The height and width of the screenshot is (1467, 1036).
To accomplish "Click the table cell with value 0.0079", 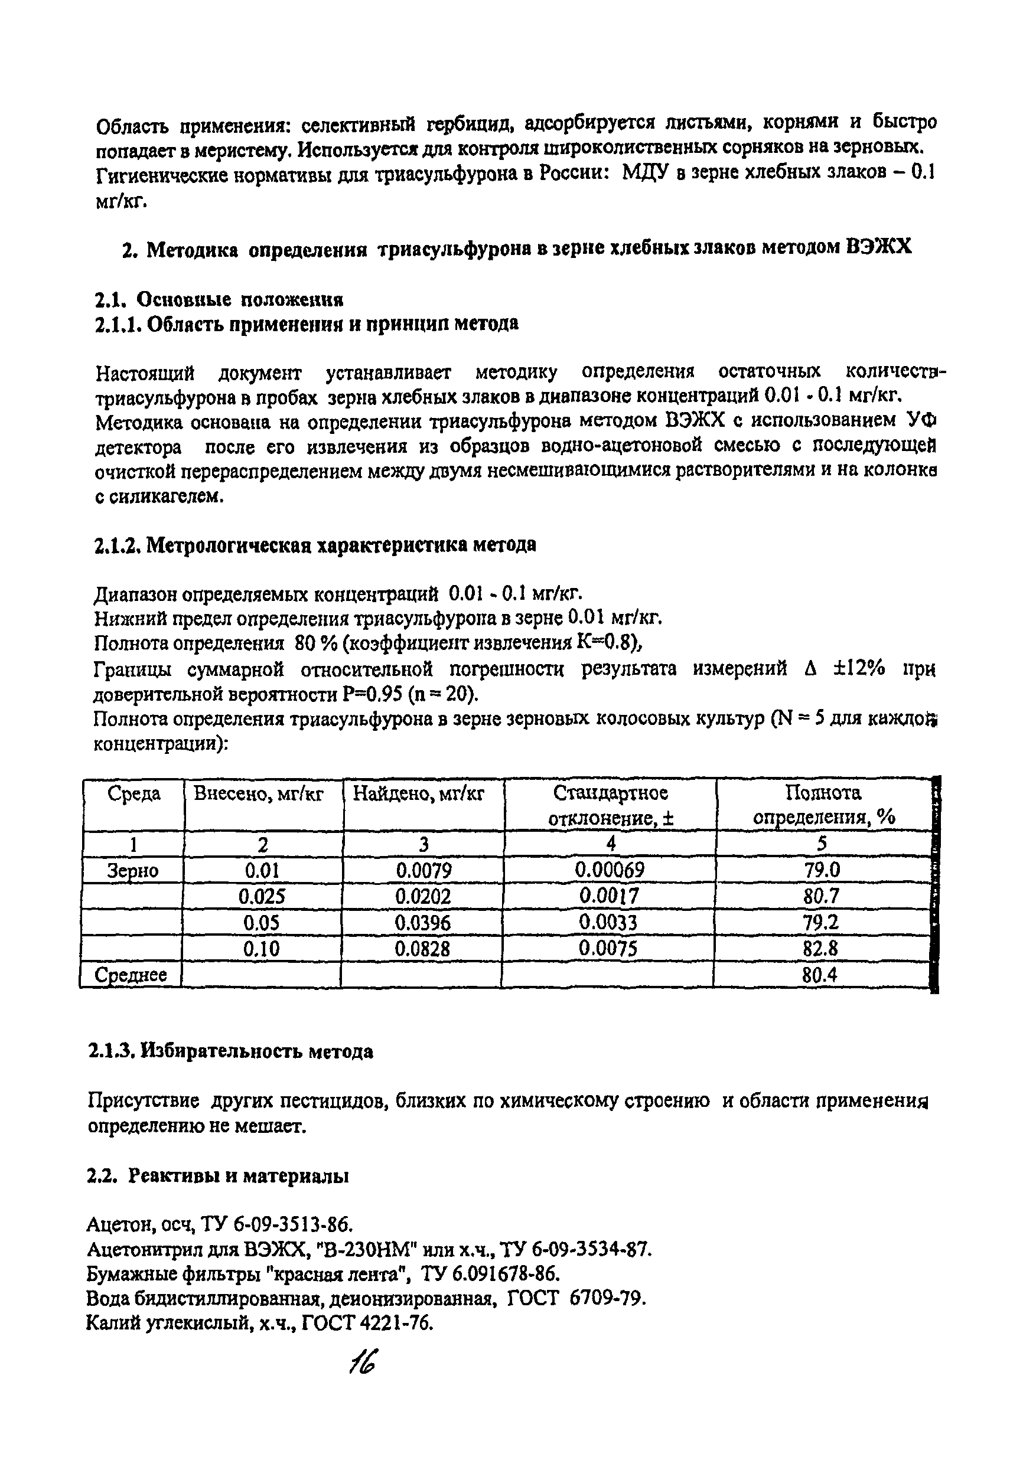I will tap(423, 870).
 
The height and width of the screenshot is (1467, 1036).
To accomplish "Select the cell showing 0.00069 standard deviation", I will tap(610, 870).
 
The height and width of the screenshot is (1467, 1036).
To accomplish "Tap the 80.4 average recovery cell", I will tap(820, 975).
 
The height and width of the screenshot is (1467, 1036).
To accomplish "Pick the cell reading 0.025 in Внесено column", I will tap(262, 896).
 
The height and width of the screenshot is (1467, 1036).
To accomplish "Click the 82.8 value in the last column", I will tap(820, 949).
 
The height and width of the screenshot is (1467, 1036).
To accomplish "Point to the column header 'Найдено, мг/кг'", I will tap(419, 794).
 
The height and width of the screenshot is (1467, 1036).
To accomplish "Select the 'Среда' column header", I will tap(133, 794).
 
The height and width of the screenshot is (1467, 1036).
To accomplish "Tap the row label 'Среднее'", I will tap(131, 975).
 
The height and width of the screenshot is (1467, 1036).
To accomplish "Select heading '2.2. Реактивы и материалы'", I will tap(217, 1177).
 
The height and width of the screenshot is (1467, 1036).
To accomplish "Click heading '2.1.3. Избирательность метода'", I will tap(230, 1051).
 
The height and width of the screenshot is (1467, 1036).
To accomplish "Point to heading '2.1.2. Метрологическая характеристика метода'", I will tap(314, 545).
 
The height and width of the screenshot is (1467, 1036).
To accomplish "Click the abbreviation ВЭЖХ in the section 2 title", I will tap(879, 247).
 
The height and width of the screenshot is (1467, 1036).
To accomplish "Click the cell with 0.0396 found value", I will tap(422, 923).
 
